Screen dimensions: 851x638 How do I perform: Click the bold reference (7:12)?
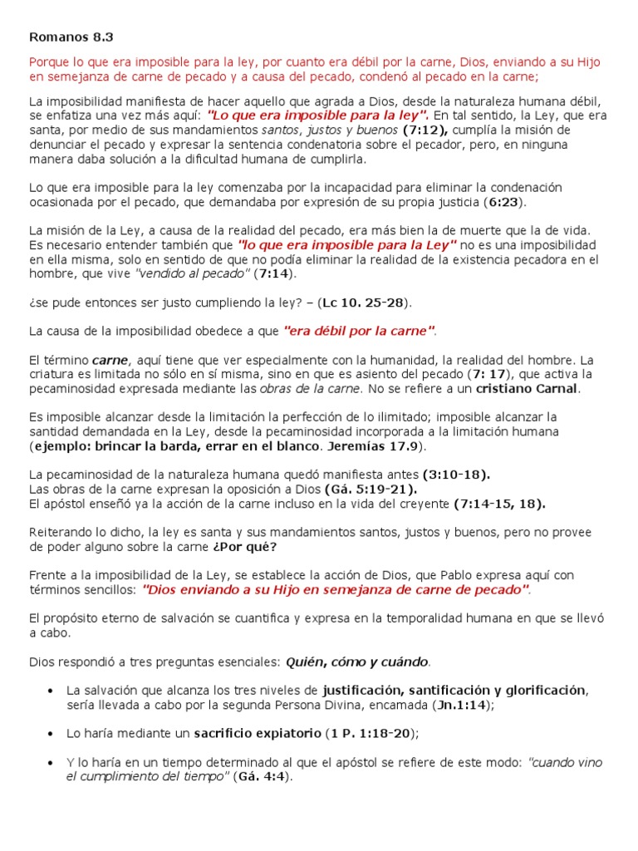coord(425,130)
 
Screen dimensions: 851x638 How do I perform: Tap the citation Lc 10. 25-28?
coord(366,302)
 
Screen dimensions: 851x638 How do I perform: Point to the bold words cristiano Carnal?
coord(528,388)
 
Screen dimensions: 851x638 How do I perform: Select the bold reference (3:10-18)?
coord(456,475)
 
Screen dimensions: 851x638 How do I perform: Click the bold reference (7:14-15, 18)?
coord(499,503)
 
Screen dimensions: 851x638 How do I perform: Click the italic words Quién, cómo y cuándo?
coord(357,662)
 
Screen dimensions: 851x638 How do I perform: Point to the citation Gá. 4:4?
coord(263,776)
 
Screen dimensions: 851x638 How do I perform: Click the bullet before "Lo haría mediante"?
coord(52,733)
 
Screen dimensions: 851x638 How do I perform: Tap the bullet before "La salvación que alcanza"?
coord(52,691)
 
